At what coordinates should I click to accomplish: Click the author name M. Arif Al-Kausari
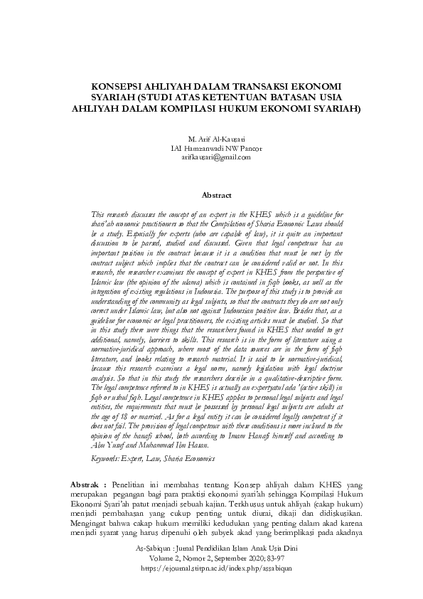pyautogui.click(x=212, y=139)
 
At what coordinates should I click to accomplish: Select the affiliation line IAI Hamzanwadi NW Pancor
pyautogui.click(x=212, y=148)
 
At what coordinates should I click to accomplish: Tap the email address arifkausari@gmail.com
pyautogui.click(x=212, y=157)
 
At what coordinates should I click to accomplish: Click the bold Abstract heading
pyautogui.click(x=212, y=194)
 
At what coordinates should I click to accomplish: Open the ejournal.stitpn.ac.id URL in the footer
pyautogui.click(x=212, y=569)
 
